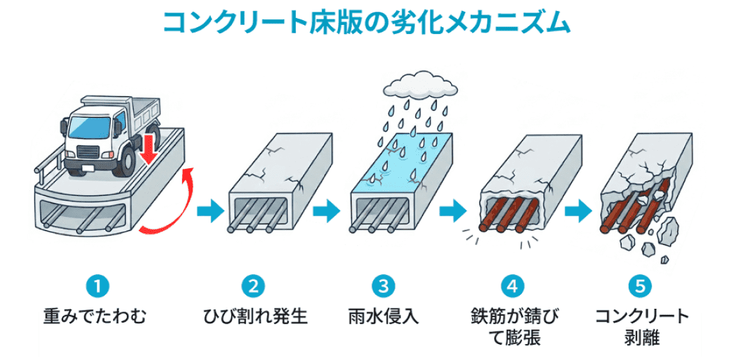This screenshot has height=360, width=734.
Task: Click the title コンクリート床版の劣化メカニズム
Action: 366,22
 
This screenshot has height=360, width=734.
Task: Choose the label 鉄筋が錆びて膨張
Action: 512,327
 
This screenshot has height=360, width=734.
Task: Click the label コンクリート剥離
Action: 641,327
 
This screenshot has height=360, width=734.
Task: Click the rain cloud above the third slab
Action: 421,87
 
